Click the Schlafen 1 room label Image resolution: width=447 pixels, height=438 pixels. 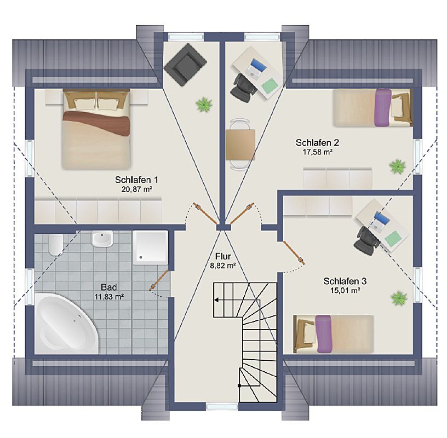(136, 180)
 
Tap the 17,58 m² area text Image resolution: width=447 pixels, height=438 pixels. (317, 152)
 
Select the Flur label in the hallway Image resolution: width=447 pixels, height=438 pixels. (223, 256)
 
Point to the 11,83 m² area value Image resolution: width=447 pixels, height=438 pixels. (109, 297)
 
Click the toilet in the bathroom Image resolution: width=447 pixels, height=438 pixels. (55, 245)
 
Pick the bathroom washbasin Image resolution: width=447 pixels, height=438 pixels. (102, 239)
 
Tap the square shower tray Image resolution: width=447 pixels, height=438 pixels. (150, 247)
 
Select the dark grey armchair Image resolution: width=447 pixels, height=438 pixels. (185, 64)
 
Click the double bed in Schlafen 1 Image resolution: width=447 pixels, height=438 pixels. (96, 129)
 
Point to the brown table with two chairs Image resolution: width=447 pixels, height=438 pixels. (240, 145)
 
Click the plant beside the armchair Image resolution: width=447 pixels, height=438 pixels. (204, 105)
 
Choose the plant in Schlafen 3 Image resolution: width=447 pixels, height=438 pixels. (399, 298)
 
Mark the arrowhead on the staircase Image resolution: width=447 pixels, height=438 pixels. (216, 300)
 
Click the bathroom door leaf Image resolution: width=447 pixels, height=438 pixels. (158, 280)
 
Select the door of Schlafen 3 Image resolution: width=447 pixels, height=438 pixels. (294, 252)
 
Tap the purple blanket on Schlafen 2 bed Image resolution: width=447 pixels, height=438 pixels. (382, 107)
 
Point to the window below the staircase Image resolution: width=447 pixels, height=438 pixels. (222, 407)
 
